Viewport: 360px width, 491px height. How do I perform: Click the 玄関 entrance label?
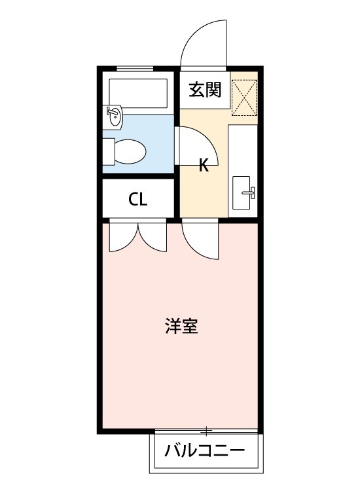click(x=205, y=90)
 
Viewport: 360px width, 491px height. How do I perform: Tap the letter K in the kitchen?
click(x=204, y=165)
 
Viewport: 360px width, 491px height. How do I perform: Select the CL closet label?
click(x=137, y=200)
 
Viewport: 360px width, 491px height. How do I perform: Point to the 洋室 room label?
click(x=181, y=326)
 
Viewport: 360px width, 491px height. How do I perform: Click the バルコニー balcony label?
click(x=205, y=450)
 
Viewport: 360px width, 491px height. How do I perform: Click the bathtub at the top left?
click(x=138, y=93)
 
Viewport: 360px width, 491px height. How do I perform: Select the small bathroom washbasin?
click(x=113, y=117)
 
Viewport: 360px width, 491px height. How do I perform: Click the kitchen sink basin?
click(x=241, y=192)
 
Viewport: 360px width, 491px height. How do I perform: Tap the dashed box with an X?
click(x=244, y=98)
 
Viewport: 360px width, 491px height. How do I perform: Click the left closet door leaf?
click(x=124, y=237)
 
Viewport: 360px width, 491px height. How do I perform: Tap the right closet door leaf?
click(x=152, y=237)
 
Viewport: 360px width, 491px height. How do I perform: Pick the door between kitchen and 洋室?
click(x=200, y=240)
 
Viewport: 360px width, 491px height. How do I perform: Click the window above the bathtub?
click(x=135, y=68)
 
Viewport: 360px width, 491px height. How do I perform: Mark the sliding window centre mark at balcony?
click(x=206, y=431)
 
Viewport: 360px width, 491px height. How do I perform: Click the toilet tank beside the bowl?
click(x=109, y=152)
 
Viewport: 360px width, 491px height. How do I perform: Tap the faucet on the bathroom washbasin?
click(x=111, y=111)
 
